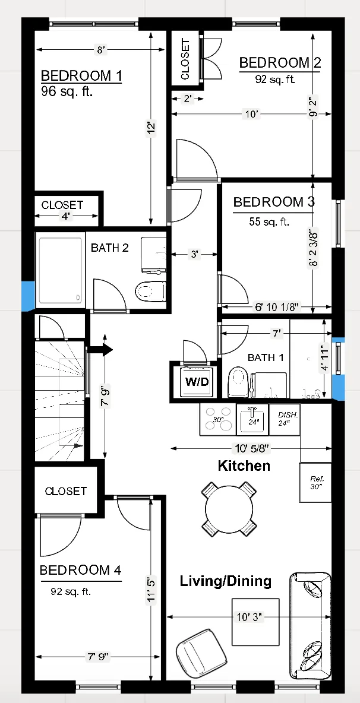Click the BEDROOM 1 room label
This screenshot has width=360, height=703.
81,76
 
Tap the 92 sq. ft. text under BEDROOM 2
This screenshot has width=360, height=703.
267,78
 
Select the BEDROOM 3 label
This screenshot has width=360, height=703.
273,202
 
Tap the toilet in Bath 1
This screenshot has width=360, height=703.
238,382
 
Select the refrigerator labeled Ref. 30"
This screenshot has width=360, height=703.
315,482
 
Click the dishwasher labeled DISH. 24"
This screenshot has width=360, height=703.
284,419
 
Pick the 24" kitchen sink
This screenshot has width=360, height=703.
252,419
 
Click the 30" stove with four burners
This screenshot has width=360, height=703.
217,419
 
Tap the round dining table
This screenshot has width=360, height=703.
229,508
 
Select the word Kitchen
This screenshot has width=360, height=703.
244,465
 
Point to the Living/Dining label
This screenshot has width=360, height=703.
226,581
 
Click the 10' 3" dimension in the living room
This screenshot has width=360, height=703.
255,617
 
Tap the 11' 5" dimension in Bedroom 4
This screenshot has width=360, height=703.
153,591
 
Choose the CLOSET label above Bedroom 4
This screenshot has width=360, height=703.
65,491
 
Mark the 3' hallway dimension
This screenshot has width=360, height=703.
194,255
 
